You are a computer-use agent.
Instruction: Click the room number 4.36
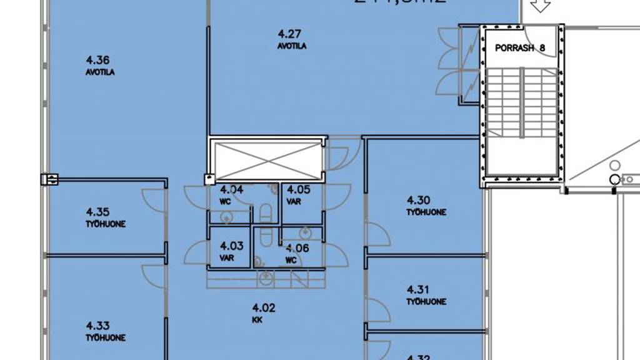(x=99, y=61)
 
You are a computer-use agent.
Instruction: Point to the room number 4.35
(x=99, y=212)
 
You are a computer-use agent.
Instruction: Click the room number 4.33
(x=99, y=325)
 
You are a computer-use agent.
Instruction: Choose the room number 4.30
(x=419, y=201)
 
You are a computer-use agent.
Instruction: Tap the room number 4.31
(x=419, y=289)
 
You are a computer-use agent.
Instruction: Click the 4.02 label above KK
(x=263, y=307)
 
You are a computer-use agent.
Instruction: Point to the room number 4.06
(x=297, y=248)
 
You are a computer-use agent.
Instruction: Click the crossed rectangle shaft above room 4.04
(x=267, y=160)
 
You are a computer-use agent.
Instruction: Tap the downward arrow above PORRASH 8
(x=539, y=6)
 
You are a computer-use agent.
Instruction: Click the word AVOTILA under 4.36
(x=100, y=72)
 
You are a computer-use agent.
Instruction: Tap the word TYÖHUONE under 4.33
(x=106, y=338)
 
